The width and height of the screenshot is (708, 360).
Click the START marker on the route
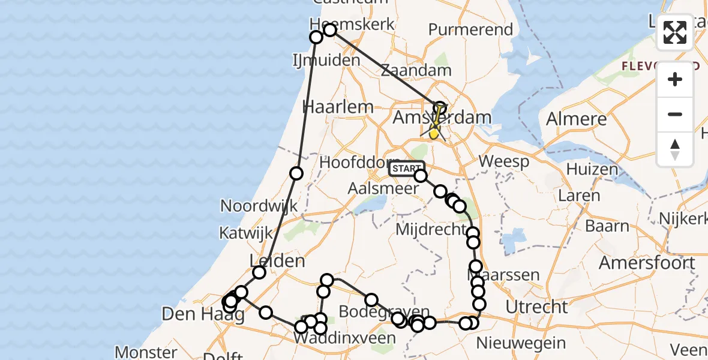click(x=406, y=169)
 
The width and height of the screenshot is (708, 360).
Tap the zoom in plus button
click(x=675, y=80)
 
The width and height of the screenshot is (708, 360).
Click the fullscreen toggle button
click(x=675, y=32)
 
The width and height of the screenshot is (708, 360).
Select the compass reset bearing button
click(x=675, y=149)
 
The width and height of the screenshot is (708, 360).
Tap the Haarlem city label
click(x=338, y=107)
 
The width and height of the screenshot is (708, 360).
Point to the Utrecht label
click(x=536, y=307)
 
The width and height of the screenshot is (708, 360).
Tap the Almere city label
click(x=576, y=118)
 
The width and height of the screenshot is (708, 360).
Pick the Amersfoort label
click(x=647, y=263)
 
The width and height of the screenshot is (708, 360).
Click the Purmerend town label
click(x=471, y=29)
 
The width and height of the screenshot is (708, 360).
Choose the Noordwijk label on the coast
click(x=259, y=206)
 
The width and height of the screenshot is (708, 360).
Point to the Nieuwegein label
click(x=521, y=343)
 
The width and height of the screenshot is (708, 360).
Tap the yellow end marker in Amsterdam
click(x=433, y=133)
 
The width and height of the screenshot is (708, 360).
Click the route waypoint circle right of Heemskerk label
click(x=329, y=29)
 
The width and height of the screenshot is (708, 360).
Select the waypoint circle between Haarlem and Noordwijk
click(x=296, y=173)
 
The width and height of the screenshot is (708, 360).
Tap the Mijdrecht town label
click(x=431, y=230)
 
